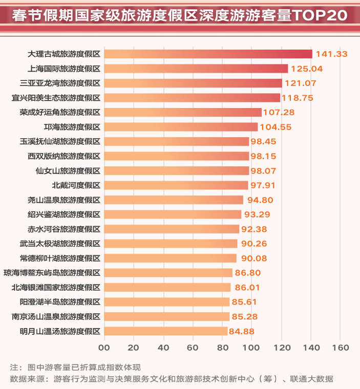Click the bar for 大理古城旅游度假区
tap(208, 54)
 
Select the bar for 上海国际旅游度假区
tap(196, 69)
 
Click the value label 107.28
tap(280, 112)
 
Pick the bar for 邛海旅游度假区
tap(181, 126)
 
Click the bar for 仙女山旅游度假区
tap(177, 170)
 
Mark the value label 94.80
tap(261, 200)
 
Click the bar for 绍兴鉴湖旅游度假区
tap(173, 214)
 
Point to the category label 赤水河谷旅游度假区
tap(64, 229)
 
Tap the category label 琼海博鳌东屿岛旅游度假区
tap(52, 273)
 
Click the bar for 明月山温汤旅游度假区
tap(166, 331)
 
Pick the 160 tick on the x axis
tap(340, 348)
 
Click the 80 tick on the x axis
tap(222, 348)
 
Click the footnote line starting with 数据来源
tap(172, 379)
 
